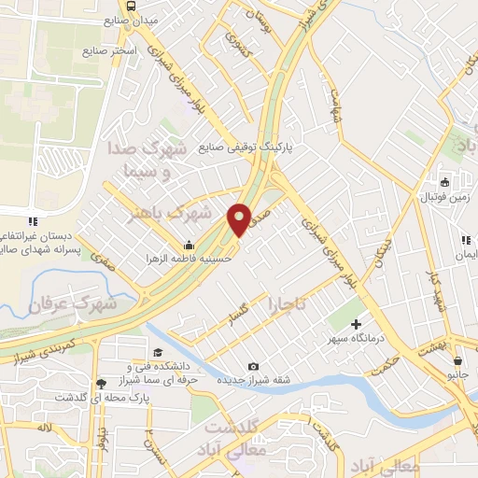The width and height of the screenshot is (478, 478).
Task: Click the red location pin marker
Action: (x=239, y=218)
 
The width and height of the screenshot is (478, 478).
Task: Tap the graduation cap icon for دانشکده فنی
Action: (x=158, y=352)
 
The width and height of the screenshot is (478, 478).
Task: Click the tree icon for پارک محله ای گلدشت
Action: (x=101, y=383)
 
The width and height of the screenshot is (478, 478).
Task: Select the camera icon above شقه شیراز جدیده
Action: (x=254, y=366)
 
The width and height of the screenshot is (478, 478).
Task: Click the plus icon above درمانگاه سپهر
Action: (x=356, y=324)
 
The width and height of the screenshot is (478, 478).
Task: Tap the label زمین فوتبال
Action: (x=443, y=198)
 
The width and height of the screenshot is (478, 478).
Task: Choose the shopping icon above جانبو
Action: (x=457, y=360)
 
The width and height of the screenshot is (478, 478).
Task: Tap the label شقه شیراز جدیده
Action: (x=255, y=382)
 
